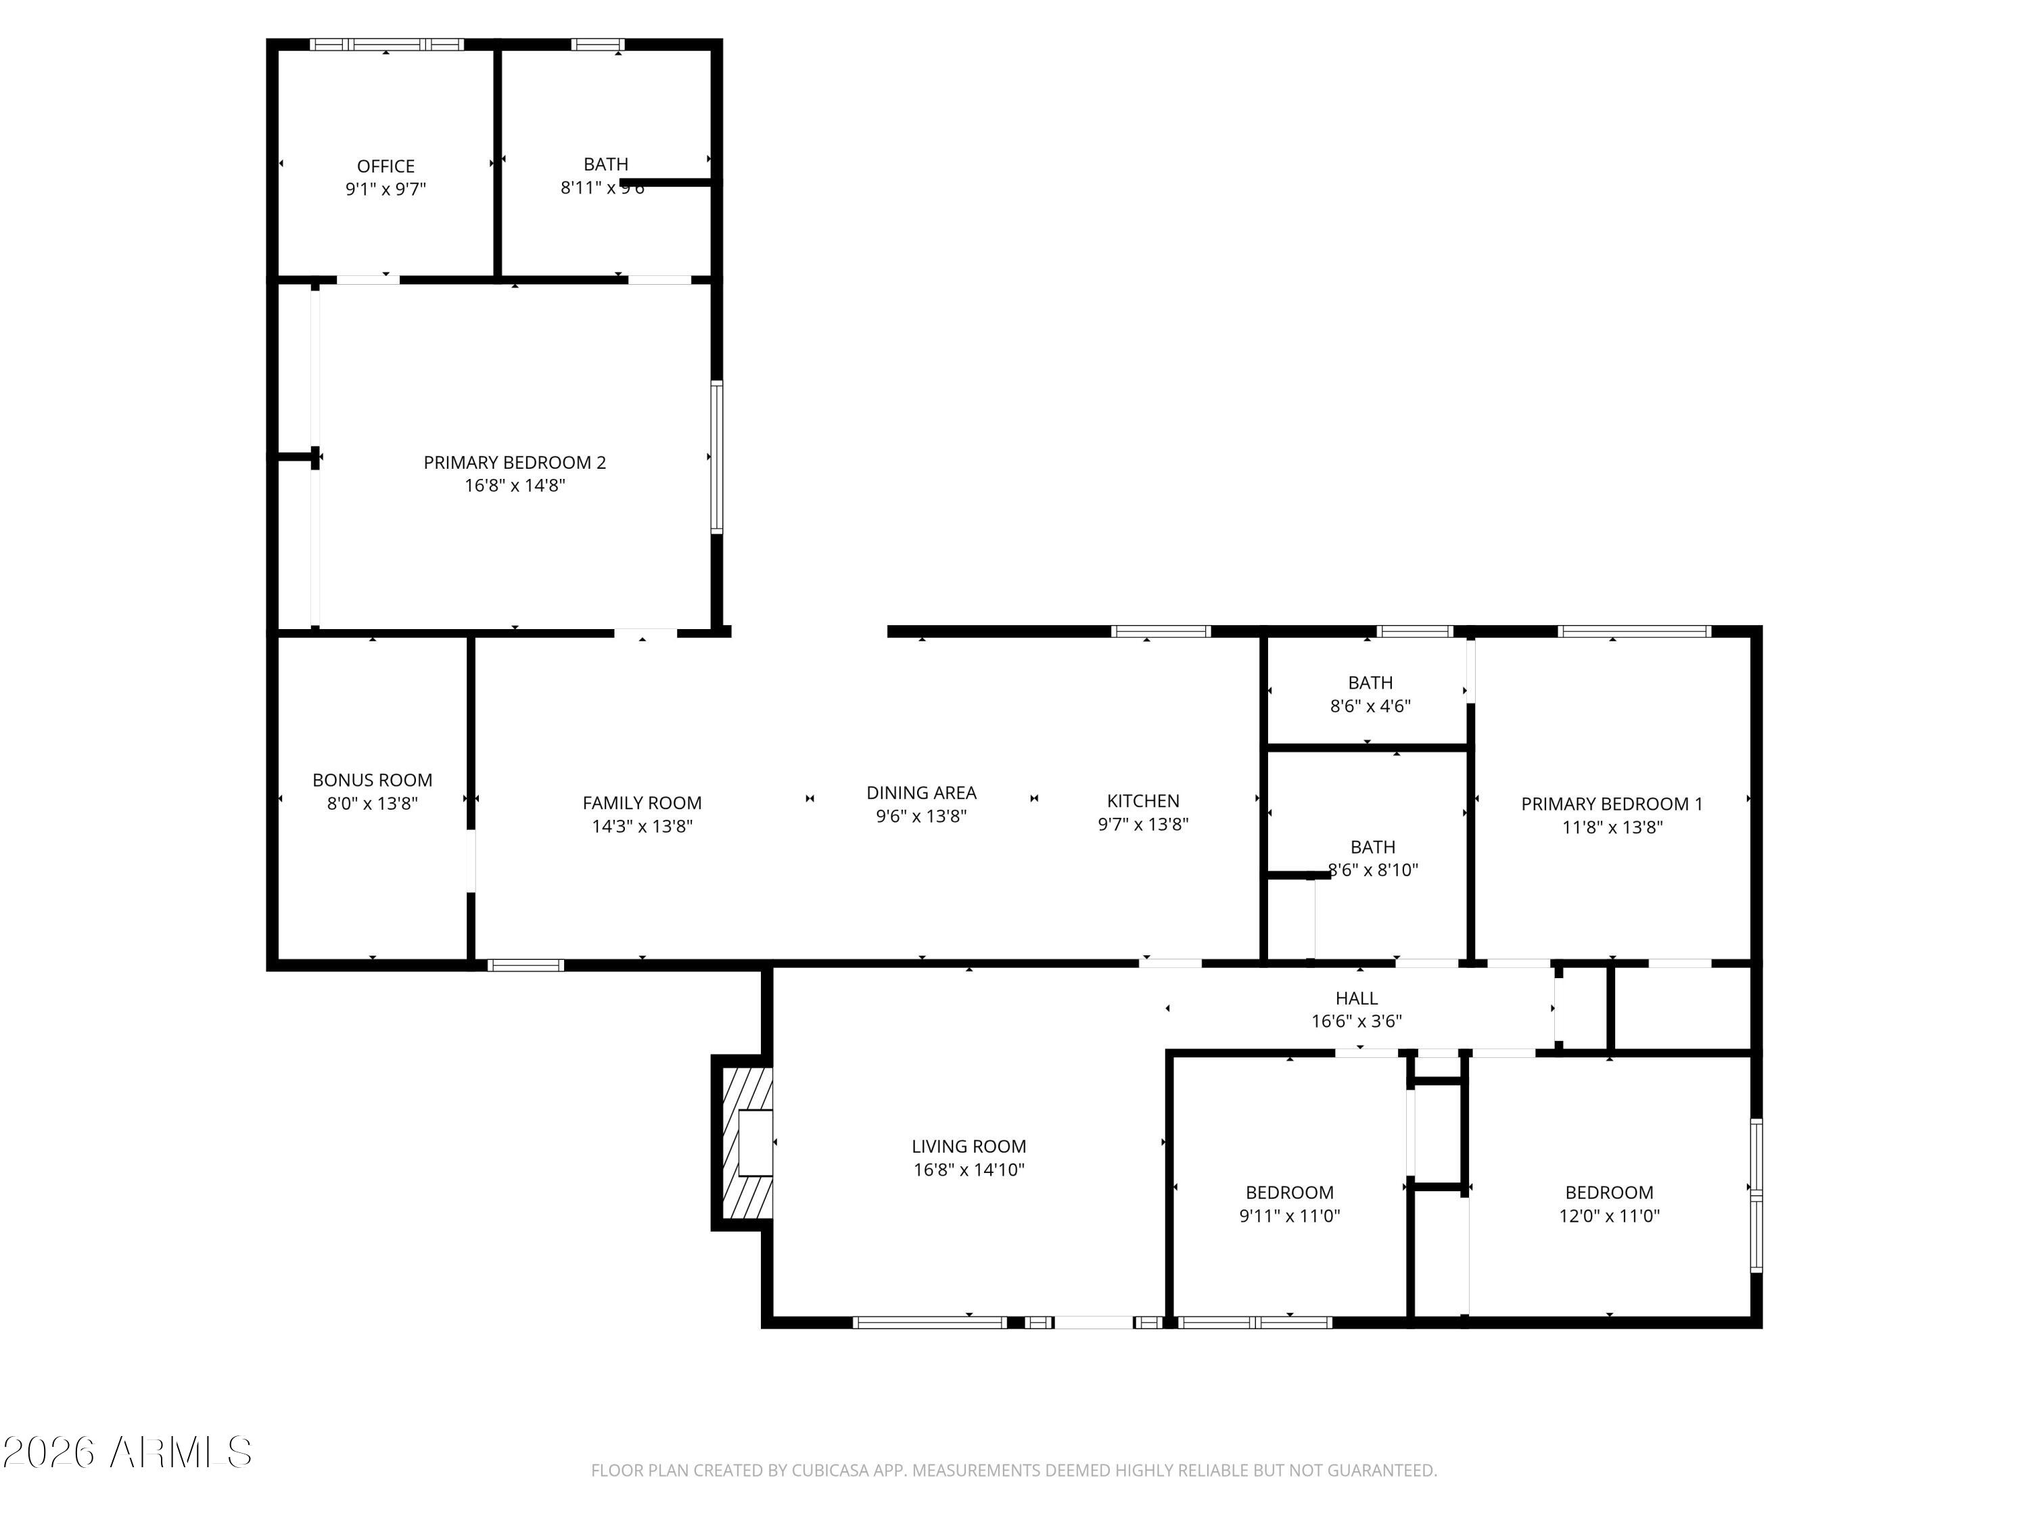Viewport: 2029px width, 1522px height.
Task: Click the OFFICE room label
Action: click(x=386, y=166)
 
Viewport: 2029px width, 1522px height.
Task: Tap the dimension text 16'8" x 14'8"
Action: click(x=515, y=485)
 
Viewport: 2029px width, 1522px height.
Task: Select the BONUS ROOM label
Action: click(x=373, y=780)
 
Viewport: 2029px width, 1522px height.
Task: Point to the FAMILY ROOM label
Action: click(x=642, y=803)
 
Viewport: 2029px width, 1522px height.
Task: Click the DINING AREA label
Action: click(x=921, y=793)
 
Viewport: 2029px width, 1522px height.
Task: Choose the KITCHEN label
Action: click(x=1143, y=801)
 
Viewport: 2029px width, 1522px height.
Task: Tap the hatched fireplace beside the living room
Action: click(x=745, y=1143)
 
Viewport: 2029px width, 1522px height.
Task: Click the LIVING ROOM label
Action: click(x=969, y=1146)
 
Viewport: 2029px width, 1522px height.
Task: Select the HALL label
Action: click(x=1356, y=998)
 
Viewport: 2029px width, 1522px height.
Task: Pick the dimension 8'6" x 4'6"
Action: click(x=1370, y=706)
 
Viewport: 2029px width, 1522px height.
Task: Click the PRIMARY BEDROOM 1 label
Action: click(x=1612, y=804)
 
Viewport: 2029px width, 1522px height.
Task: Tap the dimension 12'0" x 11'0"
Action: click(x=1609, y=1216)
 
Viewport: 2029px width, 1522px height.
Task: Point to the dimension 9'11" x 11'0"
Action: click(x=1289, y=1216)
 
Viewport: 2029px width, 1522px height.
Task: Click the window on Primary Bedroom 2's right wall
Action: click(x=716, y=457)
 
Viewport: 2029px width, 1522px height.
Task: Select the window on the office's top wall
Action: click(x=386, y=44)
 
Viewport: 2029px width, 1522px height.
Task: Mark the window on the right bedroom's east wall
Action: click(x=1756, y=1195)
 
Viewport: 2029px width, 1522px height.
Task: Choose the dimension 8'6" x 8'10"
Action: click(x=1373, y=870)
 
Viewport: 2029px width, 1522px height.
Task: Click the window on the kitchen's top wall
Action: click(x=1161, y=631)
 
